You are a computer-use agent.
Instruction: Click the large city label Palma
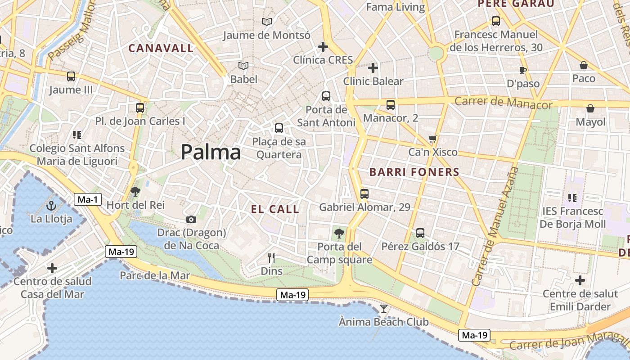pos(211,153)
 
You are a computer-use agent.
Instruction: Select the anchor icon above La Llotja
pos(51,206)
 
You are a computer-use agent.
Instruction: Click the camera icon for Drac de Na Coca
pos(191,220)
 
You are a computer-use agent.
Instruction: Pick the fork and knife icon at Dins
pos(271,258)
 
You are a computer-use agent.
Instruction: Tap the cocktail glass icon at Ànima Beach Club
pos(383,309)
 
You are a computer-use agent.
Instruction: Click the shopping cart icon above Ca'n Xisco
pos(433,139)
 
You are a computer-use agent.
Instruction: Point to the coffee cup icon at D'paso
pos(522,70)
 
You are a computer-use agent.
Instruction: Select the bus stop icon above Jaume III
pos(71,76)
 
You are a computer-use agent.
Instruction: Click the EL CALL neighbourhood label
pos(275,209)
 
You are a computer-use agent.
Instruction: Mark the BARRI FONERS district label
pos(414,172)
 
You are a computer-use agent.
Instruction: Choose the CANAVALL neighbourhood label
pos(161,48)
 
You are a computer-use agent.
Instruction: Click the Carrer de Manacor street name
pos(503,103)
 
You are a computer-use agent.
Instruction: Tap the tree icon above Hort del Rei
pos(135,192)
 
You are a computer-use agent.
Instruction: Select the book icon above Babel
pos(243,66)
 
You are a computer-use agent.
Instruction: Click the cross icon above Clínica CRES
pos(323,47)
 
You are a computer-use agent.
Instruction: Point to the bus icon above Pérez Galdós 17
pos(420,233)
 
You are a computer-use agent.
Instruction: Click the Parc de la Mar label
pos(155,275)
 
